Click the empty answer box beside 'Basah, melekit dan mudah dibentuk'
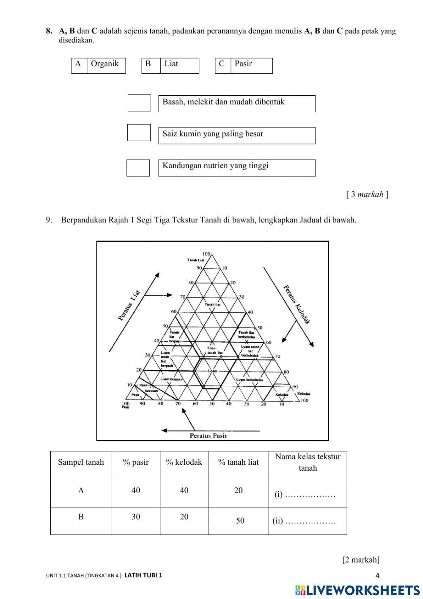tap(139, 103)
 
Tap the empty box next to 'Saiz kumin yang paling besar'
tap(139, 133)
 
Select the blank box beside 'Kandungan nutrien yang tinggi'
tap(138, 168)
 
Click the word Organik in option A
tap(105, 64)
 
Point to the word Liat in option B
tap(171, 64)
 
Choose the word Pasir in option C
tap(243, 64)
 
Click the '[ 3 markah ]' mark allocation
tap(367, 194)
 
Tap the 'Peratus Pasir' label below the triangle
tap(208, 435)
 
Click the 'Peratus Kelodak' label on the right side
tap(297, 304)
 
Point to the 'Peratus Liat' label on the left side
tap(129, 305)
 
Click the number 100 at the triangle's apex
tap(206, 253)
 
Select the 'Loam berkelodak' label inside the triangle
tap(250, 380)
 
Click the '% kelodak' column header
tap(184, 462)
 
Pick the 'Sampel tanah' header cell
tap(81, 462)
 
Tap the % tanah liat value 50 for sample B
tap(240, 521)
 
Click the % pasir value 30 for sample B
tap(136, 517)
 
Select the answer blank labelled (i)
tap(311, 495)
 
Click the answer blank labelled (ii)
tap(311, 521)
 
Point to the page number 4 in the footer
tap(377, 575)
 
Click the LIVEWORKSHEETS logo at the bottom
tap(357, 590)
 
